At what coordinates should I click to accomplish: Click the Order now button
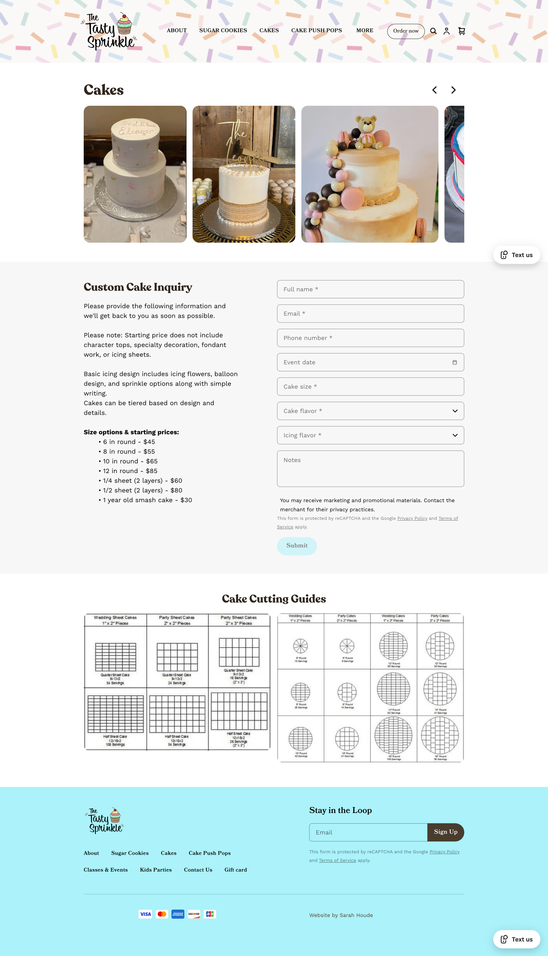click(406, 31)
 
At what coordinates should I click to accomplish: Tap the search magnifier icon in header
click(433, 31)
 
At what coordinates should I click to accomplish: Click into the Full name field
click(370, 289)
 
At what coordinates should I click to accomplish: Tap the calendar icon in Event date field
click(455, 362)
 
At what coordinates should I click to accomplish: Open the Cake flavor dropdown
click(370, 411)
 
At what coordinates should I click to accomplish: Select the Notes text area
click(370, 468)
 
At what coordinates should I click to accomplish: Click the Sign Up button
click(446, 832)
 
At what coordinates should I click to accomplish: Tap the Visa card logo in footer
click(145, 914)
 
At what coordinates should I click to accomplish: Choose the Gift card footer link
click(236, 870)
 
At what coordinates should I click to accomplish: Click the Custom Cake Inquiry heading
click(138, 287)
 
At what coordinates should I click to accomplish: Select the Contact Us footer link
click(198, 870)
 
